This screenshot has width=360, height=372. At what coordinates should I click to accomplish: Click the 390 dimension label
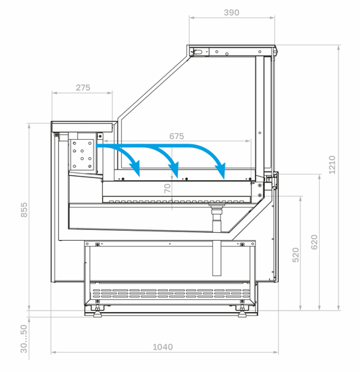pos(231,12)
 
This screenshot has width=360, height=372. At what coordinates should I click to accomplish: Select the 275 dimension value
pos(83,88)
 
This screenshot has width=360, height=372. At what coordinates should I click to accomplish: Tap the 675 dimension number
pos(176,136)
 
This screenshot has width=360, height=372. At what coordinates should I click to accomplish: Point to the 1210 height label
pos(332,164)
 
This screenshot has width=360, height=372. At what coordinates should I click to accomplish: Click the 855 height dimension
pos(24,210)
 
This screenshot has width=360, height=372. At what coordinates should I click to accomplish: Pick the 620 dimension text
pos(314,242)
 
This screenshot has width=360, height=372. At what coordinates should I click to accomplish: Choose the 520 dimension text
pos(296,254)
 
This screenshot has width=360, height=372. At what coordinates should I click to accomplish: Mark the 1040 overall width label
pos(163,347)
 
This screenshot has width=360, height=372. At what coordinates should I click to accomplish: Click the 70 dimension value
pos(168,188)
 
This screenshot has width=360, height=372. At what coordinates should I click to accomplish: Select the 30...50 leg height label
pos(24,339)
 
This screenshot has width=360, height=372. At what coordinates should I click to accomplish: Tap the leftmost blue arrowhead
pos(135,168)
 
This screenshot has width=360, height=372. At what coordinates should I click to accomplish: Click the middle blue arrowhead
pos(174,169)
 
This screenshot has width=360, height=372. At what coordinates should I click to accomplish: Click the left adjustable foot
pos(97,311)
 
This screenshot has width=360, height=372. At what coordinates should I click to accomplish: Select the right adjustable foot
pos(243,311)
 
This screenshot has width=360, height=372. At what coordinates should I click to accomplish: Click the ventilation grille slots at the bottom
pos(171,293)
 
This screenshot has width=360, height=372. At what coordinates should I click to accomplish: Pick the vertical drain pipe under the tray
pos(217,240)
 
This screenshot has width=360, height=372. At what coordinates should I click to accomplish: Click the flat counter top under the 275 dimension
pos(82,127)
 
